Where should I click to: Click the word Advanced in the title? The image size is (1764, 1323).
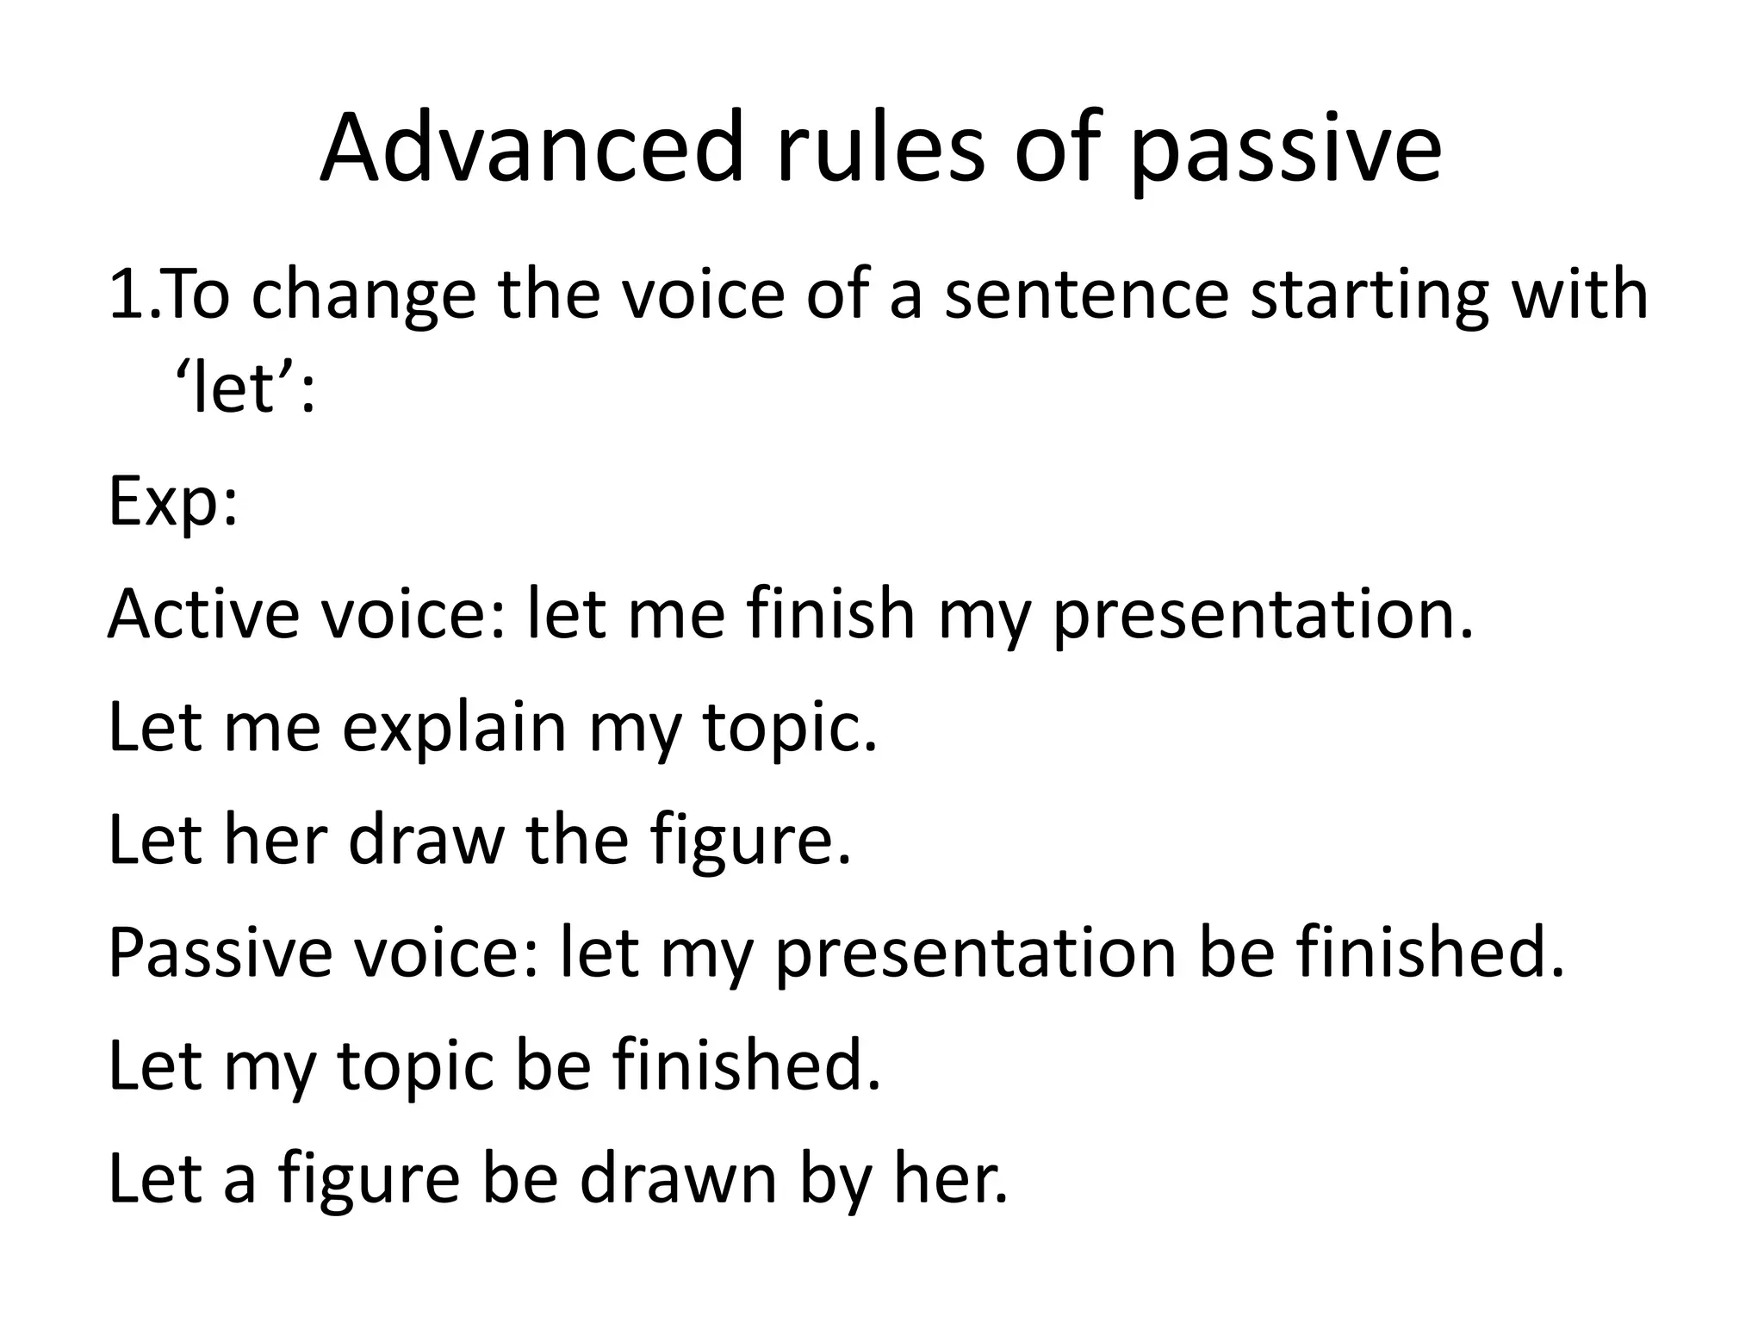point(531,148)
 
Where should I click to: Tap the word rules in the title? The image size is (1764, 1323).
point(880,148)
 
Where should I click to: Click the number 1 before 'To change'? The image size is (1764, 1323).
point(127,294)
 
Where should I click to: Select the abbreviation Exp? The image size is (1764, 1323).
point(172,503)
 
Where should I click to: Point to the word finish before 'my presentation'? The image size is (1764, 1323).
point(829,613)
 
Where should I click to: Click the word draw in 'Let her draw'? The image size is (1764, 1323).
point(425,840)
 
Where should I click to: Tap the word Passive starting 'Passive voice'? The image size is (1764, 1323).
point(220,953)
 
